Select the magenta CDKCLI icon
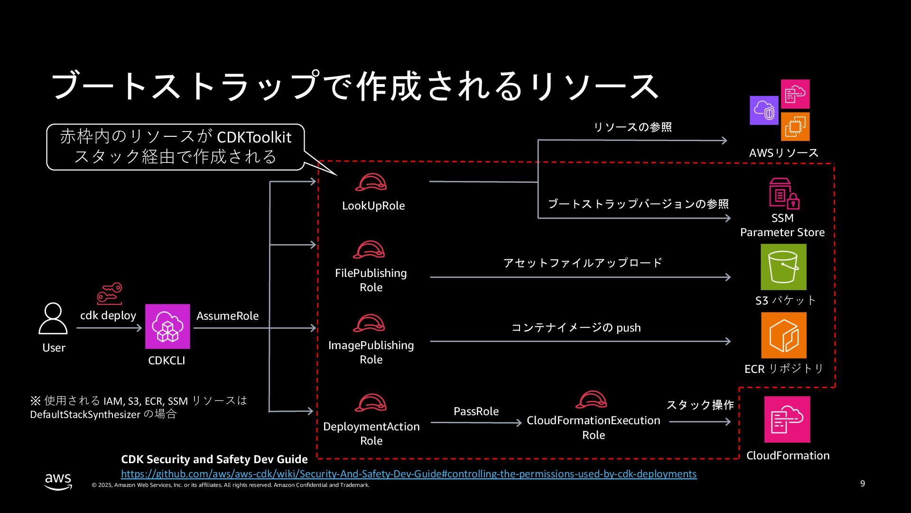tap(167, 326)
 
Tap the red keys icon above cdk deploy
tap(110, 294)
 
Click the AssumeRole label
tap(227, 316)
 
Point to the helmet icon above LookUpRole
tap(371, 182)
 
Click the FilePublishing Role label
tap(371, 280)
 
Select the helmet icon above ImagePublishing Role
tap(369, 323)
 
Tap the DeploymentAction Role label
tap(371, 433)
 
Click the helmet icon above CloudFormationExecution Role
tap(591, 400)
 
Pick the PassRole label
tap(476, 411)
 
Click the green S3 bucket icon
tap(783, 267)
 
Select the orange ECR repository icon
tap(783, 335)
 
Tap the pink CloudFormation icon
tap(787, 419)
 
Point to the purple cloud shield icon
tap(764, 111)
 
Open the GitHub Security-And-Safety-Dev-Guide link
tap(409, 474)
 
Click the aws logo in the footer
tap(58, 481)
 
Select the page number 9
tap(863, 484)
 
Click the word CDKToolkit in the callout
tap(254, 137)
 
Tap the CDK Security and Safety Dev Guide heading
tap(214, 459)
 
